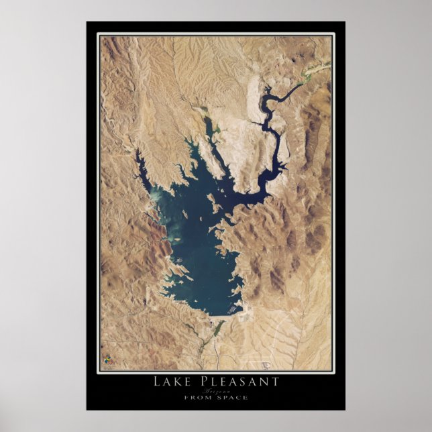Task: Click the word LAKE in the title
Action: (173, 382)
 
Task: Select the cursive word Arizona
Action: (215, 390)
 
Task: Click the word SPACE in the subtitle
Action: (231, 397)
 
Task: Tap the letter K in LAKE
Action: (179, 382)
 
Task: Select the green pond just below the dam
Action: (218, 328)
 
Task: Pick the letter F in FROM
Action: (186, 397)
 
